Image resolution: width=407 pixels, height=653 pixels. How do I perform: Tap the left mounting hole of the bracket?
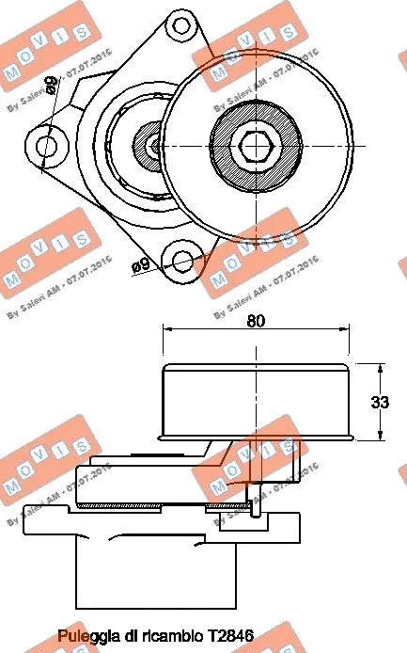48,144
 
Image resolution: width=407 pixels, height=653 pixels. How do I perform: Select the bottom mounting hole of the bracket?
184,260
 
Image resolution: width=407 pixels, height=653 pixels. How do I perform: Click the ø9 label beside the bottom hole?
142,266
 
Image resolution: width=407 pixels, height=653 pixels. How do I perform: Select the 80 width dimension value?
256,321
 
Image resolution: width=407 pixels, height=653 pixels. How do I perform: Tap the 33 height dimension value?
380,402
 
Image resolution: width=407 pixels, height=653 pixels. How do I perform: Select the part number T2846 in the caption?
233,636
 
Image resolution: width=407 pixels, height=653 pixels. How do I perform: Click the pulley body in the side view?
256,401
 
